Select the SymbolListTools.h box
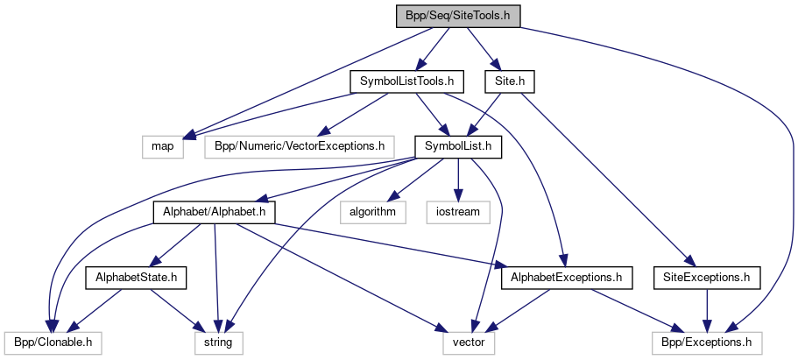coord(406,81)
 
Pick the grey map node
coord(163,145)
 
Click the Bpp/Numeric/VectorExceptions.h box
coord(299,145)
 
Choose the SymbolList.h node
coord(457,145)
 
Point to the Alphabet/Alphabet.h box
coord(215,211)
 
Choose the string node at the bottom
coord(218,342)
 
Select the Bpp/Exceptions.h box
coord(707,342)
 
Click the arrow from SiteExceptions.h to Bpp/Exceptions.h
coord(707,310)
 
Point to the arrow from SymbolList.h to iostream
coord(455,179)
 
